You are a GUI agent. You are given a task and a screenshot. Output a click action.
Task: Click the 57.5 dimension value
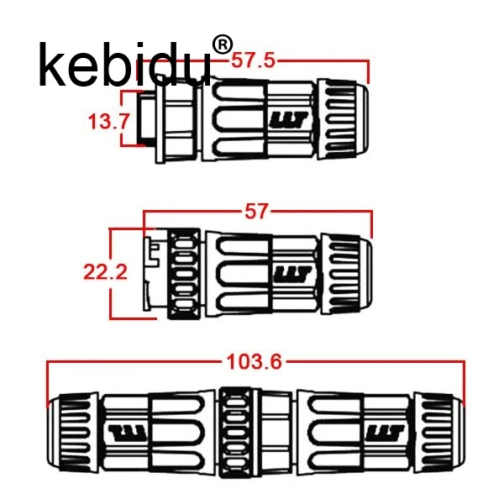point(254,60)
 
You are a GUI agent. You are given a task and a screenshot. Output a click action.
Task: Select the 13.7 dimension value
point(108,122)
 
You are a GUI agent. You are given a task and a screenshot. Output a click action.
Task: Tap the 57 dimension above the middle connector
point(256,212)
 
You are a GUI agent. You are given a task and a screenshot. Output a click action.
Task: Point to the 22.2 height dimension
point(106,272)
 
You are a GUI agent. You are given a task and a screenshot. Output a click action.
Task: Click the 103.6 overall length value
point(254,361)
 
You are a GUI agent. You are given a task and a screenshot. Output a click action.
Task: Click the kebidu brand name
point(124,66)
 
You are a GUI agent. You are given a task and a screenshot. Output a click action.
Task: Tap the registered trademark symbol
point(223,45)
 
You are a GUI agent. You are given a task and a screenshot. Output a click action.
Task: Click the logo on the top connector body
point(289,120)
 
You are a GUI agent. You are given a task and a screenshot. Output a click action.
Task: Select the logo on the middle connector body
point(292,274)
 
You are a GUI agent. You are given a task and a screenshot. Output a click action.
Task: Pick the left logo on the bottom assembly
point(128,433)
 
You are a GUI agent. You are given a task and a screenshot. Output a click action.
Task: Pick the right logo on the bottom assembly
point(385,433)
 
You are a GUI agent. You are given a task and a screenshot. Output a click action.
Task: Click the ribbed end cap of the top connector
point(343,119)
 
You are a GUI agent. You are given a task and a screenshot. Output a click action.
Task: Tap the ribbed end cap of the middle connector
point(347,274)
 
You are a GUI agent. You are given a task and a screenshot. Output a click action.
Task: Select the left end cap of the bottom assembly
point(72,433)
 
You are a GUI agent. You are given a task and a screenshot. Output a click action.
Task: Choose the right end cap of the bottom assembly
point(439,433)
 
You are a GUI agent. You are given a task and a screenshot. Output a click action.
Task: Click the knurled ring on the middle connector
point(184,274)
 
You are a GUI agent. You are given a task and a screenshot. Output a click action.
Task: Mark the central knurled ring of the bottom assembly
point(234,433)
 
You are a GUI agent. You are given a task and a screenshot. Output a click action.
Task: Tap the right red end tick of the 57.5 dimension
point(369,71)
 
